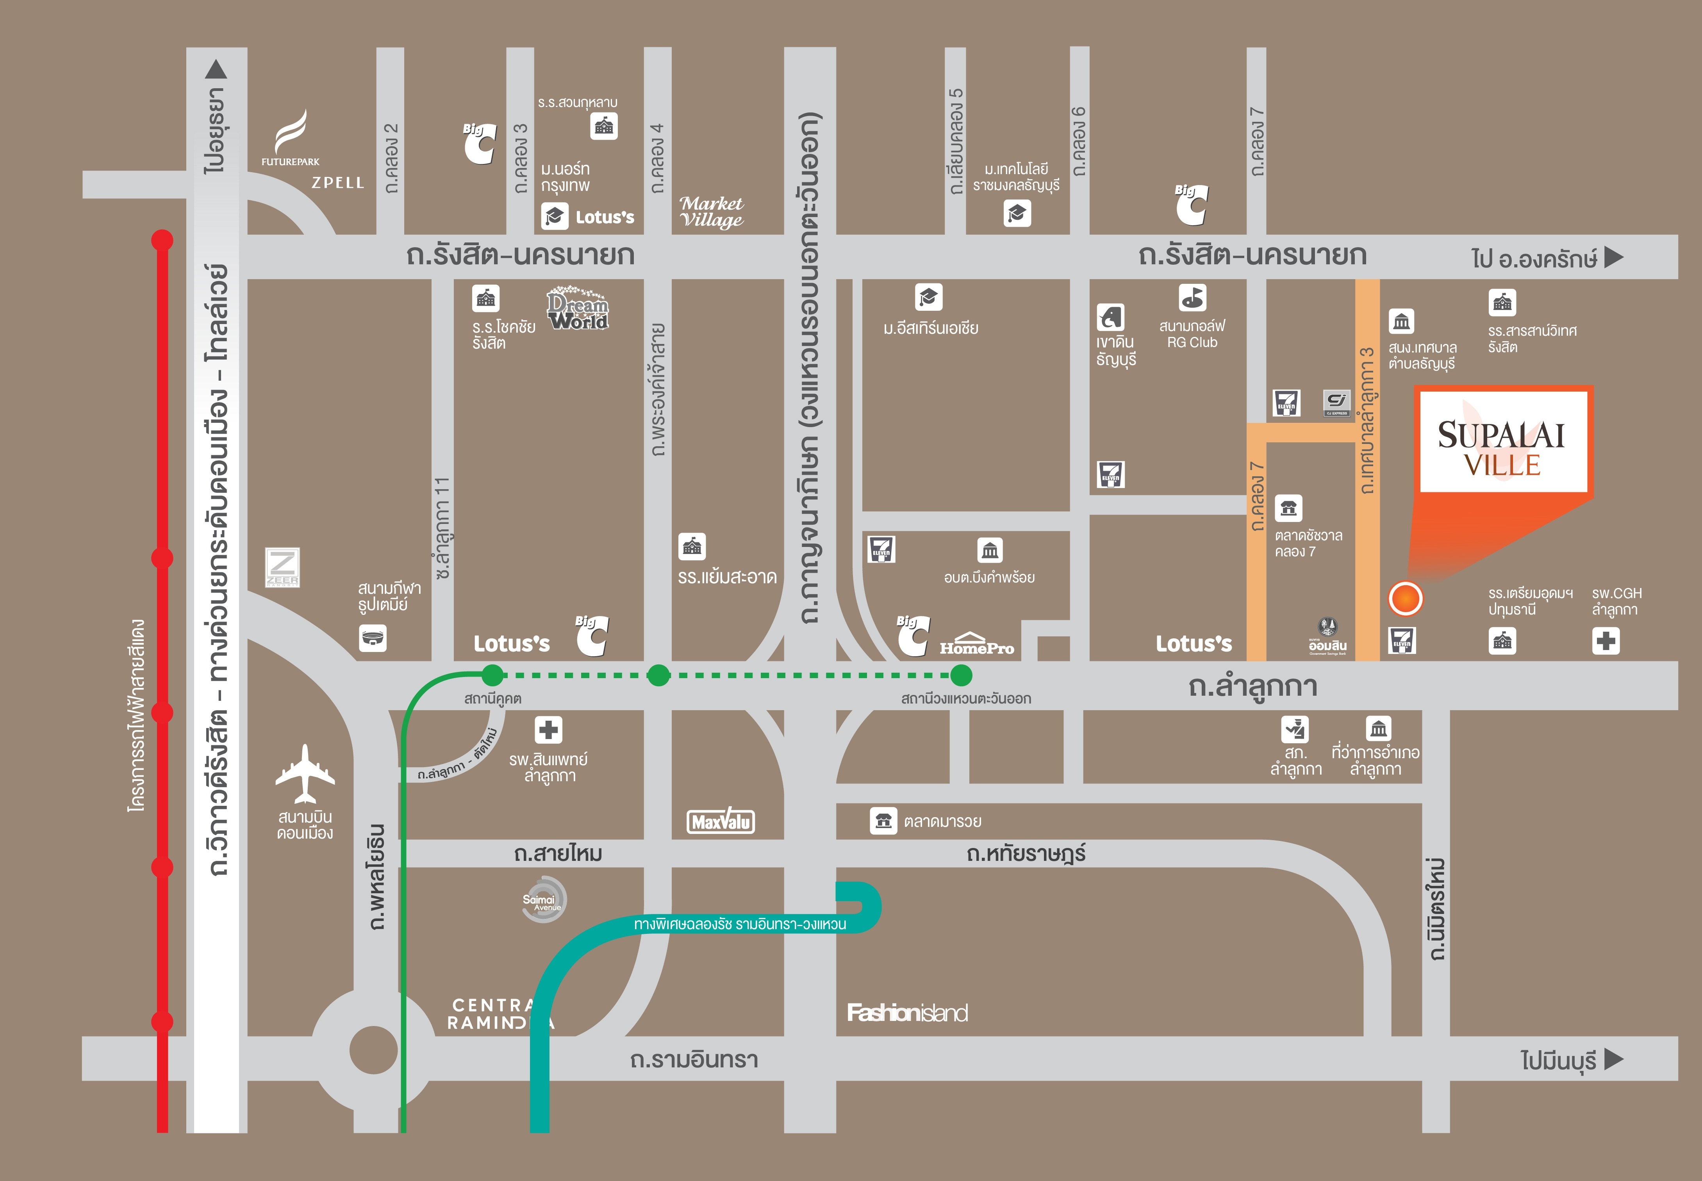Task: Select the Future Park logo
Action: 291,138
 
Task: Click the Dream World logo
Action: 578,308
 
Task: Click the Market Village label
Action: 711,212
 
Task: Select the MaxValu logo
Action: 721,821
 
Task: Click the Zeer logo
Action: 283,568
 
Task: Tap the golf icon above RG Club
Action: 1192,297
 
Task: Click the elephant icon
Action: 1110,317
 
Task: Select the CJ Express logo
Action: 1336,403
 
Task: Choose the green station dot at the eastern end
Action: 960,675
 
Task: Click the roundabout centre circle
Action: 374,1049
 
